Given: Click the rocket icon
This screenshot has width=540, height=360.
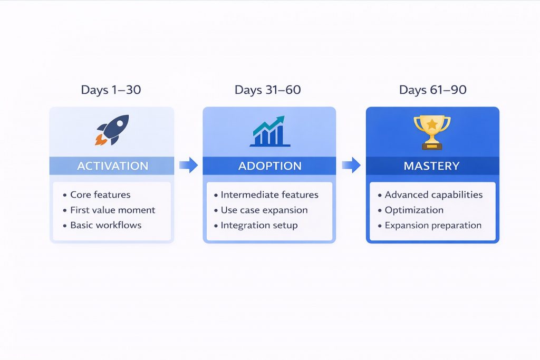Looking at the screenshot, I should pyautogui.click(x=112, y=130).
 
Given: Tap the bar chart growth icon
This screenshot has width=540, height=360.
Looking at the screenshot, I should pyautogui.click(x=269, y=132).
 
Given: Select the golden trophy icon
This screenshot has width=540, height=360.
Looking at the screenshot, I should pyautogui.click(x=432, y=131).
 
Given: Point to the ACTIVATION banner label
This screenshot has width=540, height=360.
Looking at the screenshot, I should pyautogui.click(x=112, y=166).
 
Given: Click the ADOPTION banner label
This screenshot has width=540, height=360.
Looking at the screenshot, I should pyautogui.click(x=269, y=166).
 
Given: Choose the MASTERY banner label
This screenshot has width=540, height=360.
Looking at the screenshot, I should pyautogui.click(x=431, y=166).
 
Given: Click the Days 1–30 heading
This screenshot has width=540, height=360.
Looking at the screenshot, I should pyautogui.click(x=111, y=90).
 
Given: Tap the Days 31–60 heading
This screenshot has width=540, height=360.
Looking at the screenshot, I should pyautogui.click(x=268, y=90).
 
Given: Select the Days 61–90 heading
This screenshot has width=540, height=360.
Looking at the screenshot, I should pyautogui.click(x=432, y=90).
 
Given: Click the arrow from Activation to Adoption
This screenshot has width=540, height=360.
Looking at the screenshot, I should pyautogui.click(x=188, y=166).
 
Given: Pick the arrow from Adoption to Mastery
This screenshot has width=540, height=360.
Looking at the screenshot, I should pyautogui.click(x=351, y=166).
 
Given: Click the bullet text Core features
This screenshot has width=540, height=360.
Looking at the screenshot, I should pyautogui.click(x=100, y=194).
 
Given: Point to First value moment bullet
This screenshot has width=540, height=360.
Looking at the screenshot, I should pyautogui.click(x=112, y=210).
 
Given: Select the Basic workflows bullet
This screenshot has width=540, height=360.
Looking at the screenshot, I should pyautogui.click(x=105, y=225).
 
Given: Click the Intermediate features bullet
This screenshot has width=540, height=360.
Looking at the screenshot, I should pyautogui.click(x=269, y=194).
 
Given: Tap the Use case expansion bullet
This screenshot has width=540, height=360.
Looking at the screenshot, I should pyautogui.click(x=264, y=210).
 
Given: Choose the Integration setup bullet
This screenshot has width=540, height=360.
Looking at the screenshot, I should pyautogui.click(x=259, y=225).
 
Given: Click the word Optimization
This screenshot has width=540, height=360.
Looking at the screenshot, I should pyautogui.click(x=414, y=210).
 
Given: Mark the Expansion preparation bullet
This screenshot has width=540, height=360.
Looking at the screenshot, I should pyautogui.click(x=433, y=225).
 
